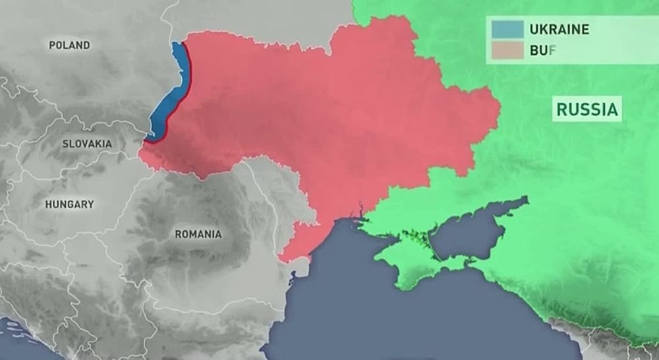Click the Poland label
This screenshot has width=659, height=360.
coord(69,45)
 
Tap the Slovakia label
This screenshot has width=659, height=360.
coord(87,144)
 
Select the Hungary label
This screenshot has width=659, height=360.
coord(69,204)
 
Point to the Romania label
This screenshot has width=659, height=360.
coord(198,234)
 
